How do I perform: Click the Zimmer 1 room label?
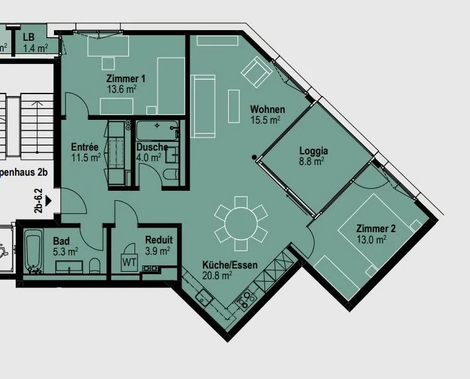tap(126, 78)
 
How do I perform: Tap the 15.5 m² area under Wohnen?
tap(265, 120)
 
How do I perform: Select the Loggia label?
tap(314, 151)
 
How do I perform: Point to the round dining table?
tap(241, 223)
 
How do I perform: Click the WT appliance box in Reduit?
tap(129, 262)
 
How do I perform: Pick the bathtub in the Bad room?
tap(33, 251)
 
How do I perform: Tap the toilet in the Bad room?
tap(95, 265)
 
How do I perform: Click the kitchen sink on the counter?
tap(204, 297)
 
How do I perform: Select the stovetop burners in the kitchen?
tap(246, 300)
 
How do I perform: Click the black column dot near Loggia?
tap(254, 157)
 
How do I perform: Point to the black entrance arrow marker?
tap(48, 201)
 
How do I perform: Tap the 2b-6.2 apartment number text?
tap(39, 201)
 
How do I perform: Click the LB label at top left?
tap(29, 37)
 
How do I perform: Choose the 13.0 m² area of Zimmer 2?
tap(371, 240)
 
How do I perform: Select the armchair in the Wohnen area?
tap(257, 72)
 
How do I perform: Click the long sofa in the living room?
tap(203, 106)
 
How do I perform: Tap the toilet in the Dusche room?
tap(172, 174)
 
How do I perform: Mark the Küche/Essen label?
tap(230, 265)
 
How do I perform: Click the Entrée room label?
tap(85, 147)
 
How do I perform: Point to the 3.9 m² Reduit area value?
tap(158, 251)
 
